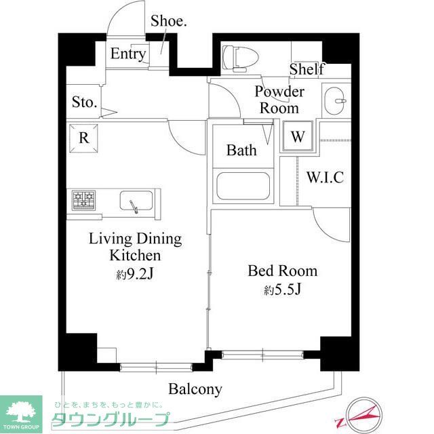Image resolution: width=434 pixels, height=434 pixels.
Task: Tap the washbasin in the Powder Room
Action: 334,102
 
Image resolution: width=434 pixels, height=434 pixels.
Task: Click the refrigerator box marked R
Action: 83,138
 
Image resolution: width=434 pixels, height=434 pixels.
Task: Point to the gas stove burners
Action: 85,200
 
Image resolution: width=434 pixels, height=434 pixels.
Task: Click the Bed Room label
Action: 282,271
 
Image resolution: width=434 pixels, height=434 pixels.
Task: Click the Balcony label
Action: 195,389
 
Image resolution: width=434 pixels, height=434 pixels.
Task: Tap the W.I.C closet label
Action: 325,178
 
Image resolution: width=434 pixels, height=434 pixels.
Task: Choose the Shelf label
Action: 307,69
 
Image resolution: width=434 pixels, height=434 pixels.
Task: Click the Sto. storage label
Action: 85,103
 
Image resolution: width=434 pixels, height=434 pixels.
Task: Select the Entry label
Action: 128,54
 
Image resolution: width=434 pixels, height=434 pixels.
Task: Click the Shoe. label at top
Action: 169,20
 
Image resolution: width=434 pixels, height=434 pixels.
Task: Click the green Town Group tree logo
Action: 21,410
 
